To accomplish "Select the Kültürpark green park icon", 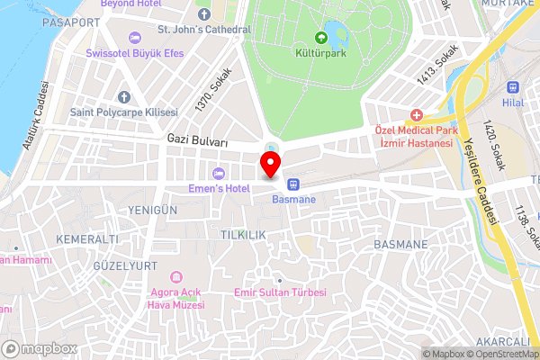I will click(322, 37).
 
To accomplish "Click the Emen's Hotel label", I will click(218, 187).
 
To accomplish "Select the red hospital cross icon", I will click(416, 115).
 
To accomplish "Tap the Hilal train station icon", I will click(514, 88).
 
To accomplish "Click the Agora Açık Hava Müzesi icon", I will click(176, 275).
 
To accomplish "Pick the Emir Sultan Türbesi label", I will click(279, 293).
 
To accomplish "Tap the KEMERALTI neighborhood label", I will click(86, 239).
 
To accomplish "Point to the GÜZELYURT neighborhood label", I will click(125, 266).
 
